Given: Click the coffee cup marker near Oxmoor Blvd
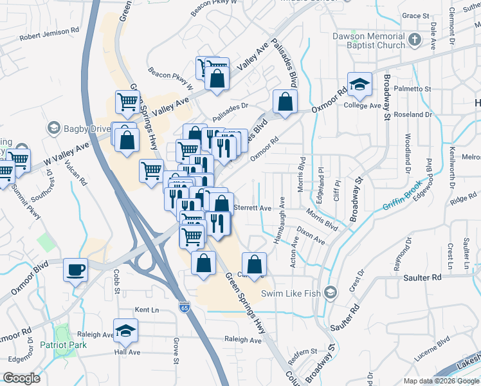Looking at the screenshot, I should [75, 270].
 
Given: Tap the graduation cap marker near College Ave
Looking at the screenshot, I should [359, 84].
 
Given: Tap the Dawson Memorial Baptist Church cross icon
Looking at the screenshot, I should [415, 41].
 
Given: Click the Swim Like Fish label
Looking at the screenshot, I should [293, 294].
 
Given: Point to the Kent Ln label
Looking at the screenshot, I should [147, 310].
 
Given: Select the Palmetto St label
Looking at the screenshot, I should [412, 89].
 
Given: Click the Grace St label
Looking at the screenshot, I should [415, 15].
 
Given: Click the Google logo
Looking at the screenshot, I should [22, 378].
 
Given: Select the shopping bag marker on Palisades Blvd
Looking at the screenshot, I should [284, 102].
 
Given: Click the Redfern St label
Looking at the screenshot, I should [303, 351].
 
